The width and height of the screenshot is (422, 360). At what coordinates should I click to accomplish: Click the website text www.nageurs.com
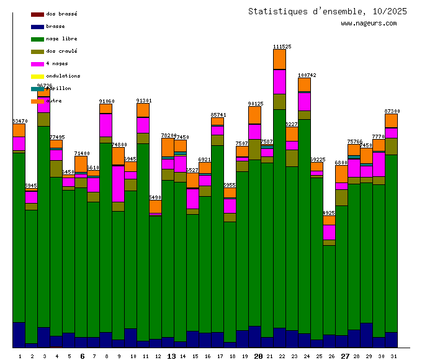pyautogui.click(x=369, y=24)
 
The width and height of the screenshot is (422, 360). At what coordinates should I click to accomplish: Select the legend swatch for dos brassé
pyautogui.click(x=37, y=14)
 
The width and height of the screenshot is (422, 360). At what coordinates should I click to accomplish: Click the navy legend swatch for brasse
pyautogui.click(x=37, y=26)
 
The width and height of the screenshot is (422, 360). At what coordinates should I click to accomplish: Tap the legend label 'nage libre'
pyautogui.click(x=61, y=38)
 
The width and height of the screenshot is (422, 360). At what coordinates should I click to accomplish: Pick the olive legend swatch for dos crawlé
pyautogui.click(x=37, y=51)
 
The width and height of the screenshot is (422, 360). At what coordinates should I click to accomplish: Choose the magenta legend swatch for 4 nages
pyautogui.click(x=37, y=63)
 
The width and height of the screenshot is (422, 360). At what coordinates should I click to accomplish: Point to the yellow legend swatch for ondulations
pyautogui.click(x=37, y=76)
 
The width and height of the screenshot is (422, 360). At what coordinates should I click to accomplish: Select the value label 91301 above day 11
pyautogui.click(x=144, y=101)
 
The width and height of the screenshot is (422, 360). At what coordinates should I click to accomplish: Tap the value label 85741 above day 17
pyautogui.click(x=218, y=115)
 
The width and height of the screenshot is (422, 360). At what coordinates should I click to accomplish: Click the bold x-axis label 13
pyautogui.click(x=172, y=356)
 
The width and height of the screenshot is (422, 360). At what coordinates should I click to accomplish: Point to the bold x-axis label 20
pyautogui.click(x=259, y=356)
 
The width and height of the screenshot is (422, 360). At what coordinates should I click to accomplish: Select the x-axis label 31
pyautogui.click(x=392, y=356)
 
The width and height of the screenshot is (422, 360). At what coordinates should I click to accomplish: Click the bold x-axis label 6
pyautogui.click(x=83, y=356)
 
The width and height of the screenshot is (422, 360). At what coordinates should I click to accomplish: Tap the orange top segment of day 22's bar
pyautogui.click(x=279, y=59)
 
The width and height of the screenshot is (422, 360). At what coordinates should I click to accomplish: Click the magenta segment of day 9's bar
pyautogui.click(x=118, y=184)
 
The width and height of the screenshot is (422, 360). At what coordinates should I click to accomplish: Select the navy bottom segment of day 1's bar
pyautogui.click(x=19, y=335)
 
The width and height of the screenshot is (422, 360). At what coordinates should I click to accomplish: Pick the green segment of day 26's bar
pyautogui.click(x=329, y=289)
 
